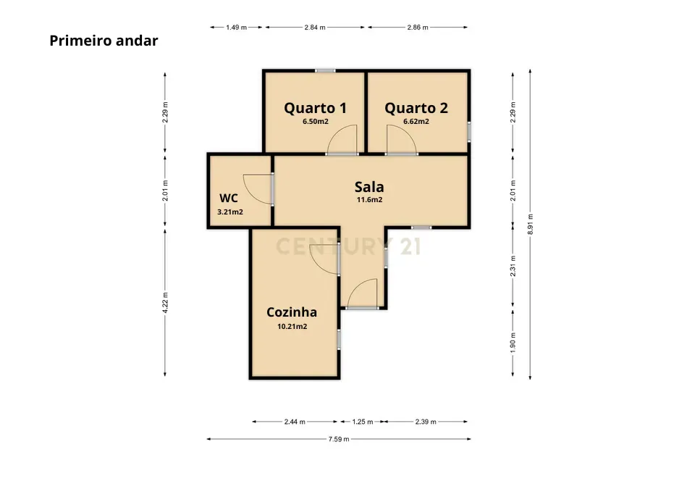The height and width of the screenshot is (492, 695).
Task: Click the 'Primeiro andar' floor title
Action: (104, 41)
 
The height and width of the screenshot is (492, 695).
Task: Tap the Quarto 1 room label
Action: (315, 108)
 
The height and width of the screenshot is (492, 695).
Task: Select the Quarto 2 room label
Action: (416, 108)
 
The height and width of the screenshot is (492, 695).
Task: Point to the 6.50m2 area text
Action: (315, 122)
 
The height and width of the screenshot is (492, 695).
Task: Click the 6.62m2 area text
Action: (416, 122)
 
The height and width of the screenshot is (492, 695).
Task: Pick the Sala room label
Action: (368, 186)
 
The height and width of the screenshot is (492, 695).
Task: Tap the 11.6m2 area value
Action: (368, 200)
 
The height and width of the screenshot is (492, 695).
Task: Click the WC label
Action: (229, 198)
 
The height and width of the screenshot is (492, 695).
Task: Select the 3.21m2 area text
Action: (229, 212)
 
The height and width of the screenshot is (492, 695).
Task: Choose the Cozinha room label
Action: (292, 312)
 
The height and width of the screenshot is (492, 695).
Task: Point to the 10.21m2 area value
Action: (292, 327)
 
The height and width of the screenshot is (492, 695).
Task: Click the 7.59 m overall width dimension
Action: (338, 439)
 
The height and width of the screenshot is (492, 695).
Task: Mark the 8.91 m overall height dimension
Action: (531, 223)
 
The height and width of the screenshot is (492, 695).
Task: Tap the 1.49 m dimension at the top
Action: (236, 27)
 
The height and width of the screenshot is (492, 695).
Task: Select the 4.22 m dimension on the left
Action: (165, 301)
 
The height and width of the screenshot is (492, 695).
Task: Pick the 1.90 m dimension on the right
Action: (513, 341)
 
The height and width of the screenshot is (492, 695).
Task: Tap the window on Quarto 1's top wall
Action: (325, 70)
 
